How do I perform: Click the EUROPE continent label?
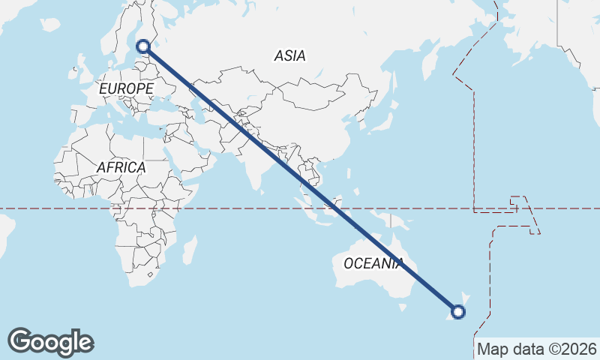click(126, 88)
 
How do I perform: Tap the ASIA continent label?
click(289, 55)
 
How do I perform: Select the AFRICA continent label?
click(120, 168)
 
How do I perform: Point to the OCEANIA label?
click(373, 263)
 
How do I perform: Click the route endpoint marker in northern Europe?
click(144, 47)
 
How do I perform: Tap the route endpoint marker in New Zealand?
click(458, 312)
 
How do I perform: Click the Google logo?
click(50, 342)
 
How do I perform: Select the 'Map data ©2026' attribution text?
click(537, 349)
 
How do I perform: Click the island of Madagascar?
click(189, 250)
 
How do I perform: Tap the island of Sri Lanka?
click(264, 192)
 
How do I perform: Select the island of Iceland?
click(50, 25)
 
